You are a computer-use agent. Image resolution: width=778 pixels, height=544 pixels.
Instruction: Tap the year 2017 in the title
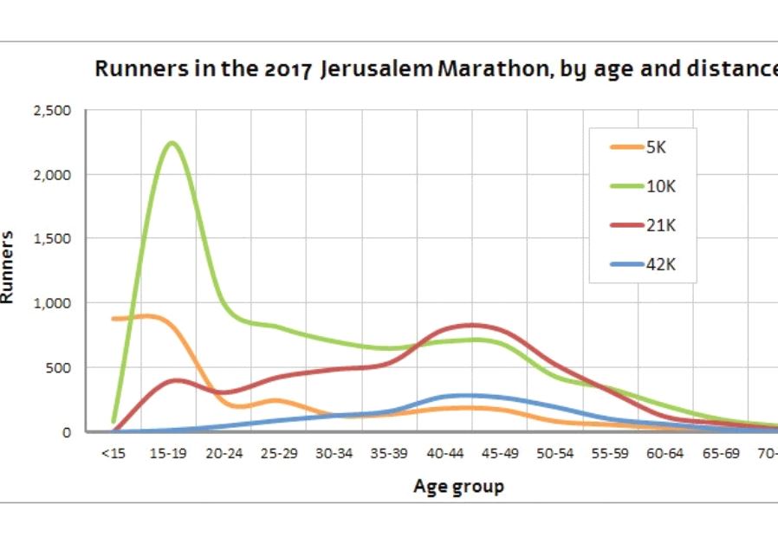[292, 69]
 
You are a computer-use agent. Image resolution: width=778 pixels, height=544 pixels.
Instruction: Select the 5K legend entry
[654, 146]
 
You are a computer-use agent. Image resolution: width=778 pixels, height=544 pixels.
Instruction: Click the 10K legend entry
[658, 186]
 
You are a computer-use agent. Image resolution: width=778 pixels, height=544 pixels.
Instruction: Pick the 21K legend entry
[658, 226]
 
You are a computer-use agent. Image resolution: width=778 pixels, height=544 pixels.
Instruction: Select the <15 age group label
[113, 455]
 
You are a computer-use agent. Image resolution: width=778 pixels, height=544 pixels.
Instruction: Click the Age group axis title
[458, 487]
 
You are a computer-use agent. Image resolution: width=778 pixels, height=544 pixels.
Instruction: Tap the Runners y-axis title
[9, 266]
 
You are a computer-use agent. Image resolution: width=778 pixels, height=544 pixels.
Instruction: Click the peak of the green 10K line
[172, 143]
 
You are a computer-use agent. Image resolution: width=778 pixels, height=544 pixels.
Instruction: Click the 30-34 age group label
[335, 455]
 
